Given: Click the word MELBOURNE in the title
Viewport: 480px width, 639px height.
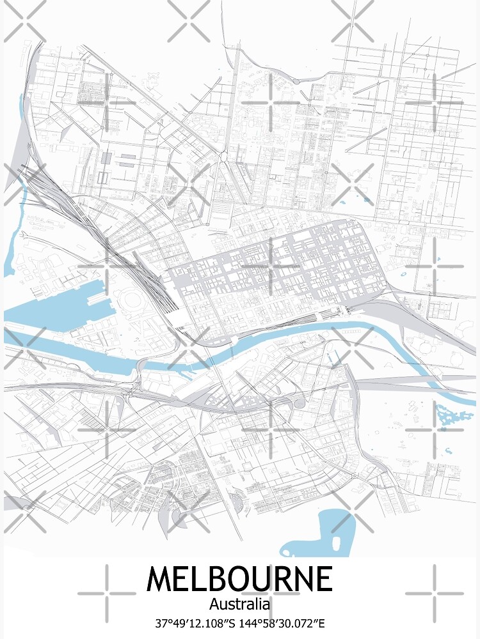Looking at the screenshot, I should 239,579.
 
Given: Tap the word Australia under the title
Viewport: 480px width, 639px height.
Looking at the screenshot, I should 239,603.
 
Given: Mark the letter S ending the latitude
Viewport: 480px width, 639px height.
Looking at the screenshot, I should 236,622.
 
